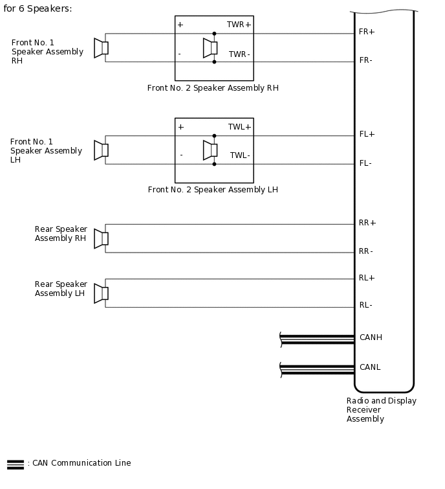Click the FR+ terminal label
[367, 32]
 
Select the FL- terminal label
[365, 163]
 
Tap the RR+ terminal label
[367, 223]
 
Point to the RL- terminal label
[366, 305]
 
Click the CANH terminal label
[371, 337]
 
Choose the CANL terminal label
[370, 367]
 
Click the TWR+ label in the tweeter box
[239, 25]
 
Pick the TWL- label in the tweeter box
[240, 155]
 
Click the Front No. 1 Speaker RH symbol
[101, 48]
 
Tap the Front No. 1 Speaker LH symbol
[101, 150]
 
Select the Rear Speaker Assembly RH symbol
[101, 238]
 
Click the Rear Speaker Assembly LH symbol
[101, 293]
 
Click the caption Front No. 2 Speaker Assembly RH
[213, 88]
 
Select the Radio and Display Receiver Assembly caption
[381, 410]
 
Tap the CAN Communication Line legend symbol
[16, 464]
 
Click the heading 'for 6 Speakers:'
[38, 8]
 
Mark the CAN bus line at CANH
[317, 338]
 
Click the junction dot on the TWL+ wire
[214, 136]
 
